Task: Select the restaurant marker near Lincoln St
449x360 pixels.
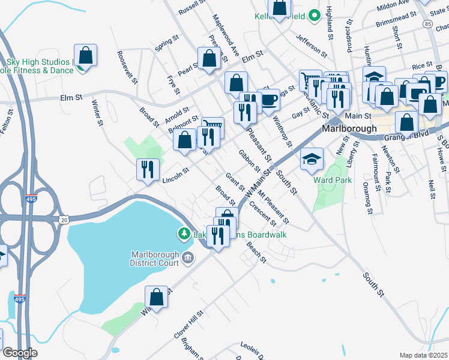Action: tap(147, 169)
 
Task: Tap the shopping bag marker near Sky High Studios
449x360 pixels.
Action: tap(86, 56)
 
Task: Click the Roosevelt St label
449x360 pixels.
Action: tap(127, 66)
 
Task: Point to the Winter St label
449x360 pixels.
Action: tap(97, 113)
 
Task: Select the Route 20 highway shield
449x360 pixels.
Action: tap(64, 221)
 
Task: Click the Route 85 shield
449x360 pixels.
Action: tap(427, 23)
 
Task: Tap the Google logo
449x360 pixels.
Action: tap(19, 353)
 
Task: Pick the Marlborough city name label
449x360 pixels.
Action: tap(349, 128)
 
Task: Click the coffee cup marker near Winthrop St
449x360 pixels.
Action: tap(268, 100)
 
